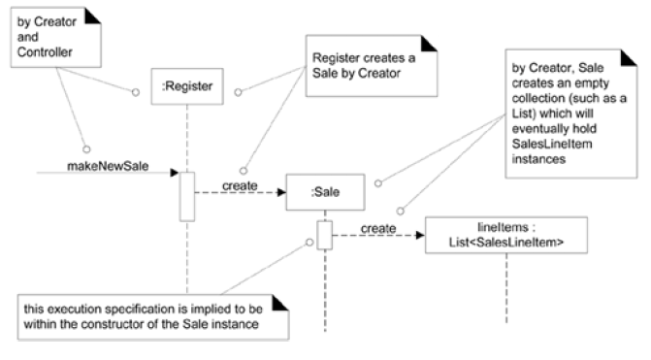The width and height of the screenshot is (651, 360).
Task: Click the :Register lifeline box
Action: coord(181,86)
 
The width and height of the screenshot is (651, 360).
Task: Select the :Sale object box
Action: coord(324,193)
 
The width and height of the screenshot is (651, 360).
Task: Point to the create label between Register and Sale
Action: coord(239,184)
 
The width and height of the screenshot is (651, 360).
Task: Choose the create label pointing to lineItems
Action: coord(377,228)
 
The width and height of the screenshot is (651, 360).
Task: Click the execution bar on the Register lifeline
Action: coord(187,196)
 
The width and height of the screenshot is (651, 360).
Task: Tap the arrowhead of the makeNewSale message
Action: coord(174,174)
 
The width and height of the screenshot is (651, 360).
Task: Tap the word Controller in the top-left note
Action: coord(42,50)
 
